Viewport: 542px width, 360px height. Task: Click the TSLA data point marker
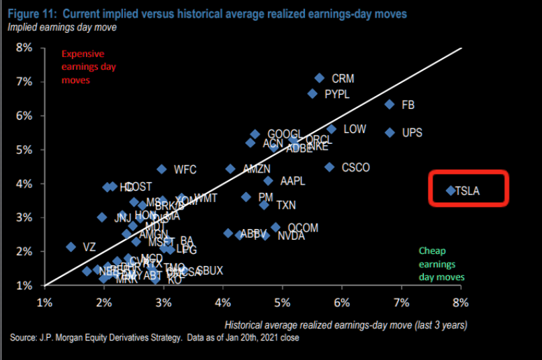tap(451, 191)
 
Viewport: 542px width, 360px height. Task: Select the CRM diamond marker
tap(320, 78)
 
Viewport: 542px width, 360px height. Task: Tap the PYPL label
tap(337, 95)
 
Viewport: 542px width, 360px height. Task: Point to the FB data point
tap(390, 104)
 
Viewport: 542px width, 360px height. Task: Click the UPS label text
tap(412, 132)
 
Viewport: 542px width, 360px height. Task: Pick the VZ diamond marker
tap(71, 247)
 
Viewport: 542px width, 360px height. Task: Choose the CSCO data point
tap(330, 167)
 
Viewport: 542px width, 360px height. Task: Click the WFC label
tap(185, 169)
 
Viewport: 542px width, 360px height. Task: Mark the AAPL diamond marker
tap(269, 181)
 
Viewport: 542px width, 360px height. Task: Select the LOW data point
tap(332, 129)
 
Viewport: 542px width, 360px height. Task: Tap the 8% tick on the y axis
tap(24, 48)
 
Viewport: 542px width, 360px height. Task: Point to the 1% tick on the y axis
tap(24, 285)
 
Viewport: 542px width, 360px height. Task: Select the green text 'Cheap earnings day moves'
tap(441, 263)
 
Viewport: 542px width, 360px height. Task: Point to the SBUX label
tap(210, 271)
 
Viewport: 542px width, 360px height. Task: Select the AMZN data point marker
tap(230, 169)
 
